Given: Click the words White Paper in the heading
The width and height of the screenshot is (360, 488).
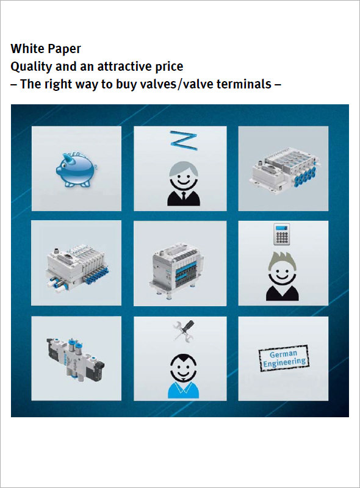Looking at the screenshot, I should (x=46, y=48).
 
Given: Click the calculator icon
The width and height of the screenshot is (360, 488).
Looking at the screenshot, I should (x=283, y=234).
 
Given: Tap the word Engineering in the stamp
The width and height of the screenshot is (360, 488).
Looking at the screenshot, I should (x=284, y=362).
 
